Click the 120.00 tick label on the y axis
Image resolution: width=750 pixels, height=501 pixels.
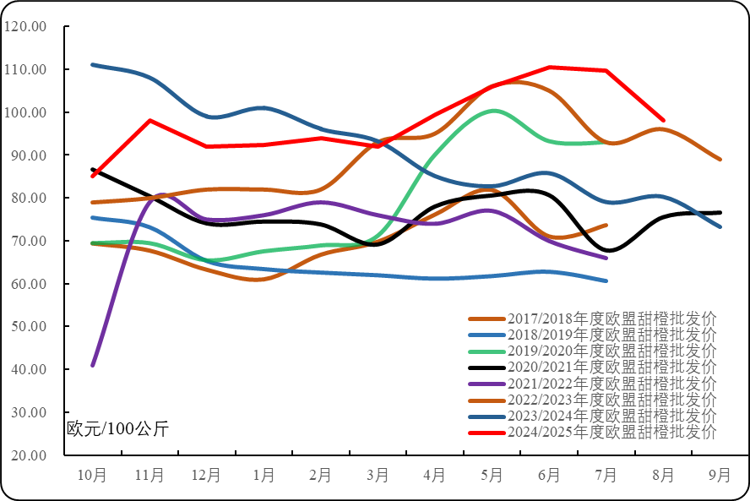tap(25, 26)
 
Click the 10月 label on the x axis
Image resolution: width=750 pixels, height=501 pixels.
tap(92, 476)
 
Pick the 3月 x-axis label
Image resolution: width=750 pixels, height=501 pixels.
tap(378, 476)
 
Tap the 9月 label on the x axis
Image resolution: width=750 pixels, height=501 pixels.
tap(720, 476)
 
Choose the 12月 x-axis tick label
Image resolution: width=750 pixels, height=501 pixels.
tap(206, 476)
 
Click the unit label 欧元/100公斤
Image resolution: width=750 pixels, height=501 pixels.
tap(117, 428)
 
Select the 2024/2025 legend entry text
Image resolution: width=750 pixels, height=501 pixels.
tap(611, 433)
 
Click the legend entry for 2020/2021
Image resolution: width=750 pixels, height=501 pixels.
tap(611, 368)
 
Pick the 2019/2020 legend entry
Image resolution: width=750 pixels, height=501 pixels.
tap(611, 351)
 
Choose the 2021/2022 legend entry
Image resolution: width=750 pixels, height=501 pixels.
tap(611, 384)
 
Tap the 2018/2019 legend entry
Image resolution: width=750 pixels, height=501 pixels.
tap(611, 335)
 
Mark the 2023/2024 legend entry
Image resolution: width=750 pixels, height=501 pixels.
tap(611, 417)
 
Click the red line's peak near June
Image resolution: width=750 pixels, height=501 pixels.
tap(550, 67)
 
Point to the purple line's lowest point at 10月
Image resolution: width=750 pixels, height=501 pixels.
tap(92, 365)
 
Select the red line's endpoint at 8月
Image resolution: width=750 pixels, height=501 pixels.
tap(663, 120)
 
